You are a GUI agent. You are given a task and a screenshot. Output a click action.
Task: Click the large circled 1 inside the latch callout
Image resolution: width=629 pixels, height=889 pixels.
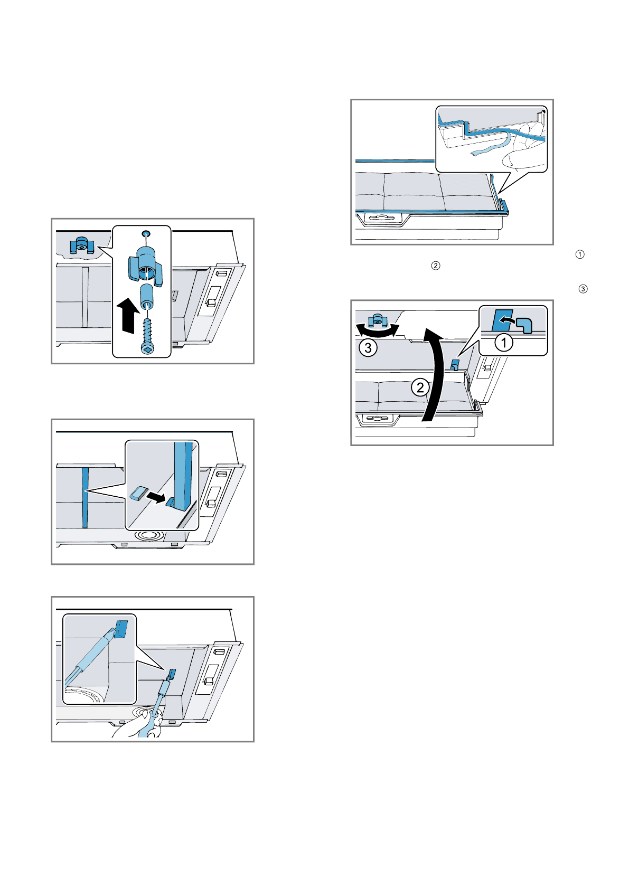click(503, 343)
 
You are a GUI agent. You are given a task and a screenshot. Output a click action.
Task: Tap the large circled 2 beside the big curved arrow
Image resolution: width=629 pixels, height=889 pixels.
click(420, 388)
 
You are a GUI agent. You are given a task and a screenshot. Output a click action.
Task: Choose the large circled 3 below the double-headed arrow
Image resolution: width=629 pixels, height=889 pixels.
click(368, 348)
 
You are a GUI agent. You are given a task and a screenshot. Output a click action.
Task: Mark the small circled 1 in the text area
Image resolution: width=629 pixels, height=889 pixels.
click(580, 254)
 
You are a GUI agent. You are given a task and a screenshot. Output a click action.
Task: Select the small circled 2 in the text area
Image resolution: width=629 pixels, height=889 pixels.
click(436, 266)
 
